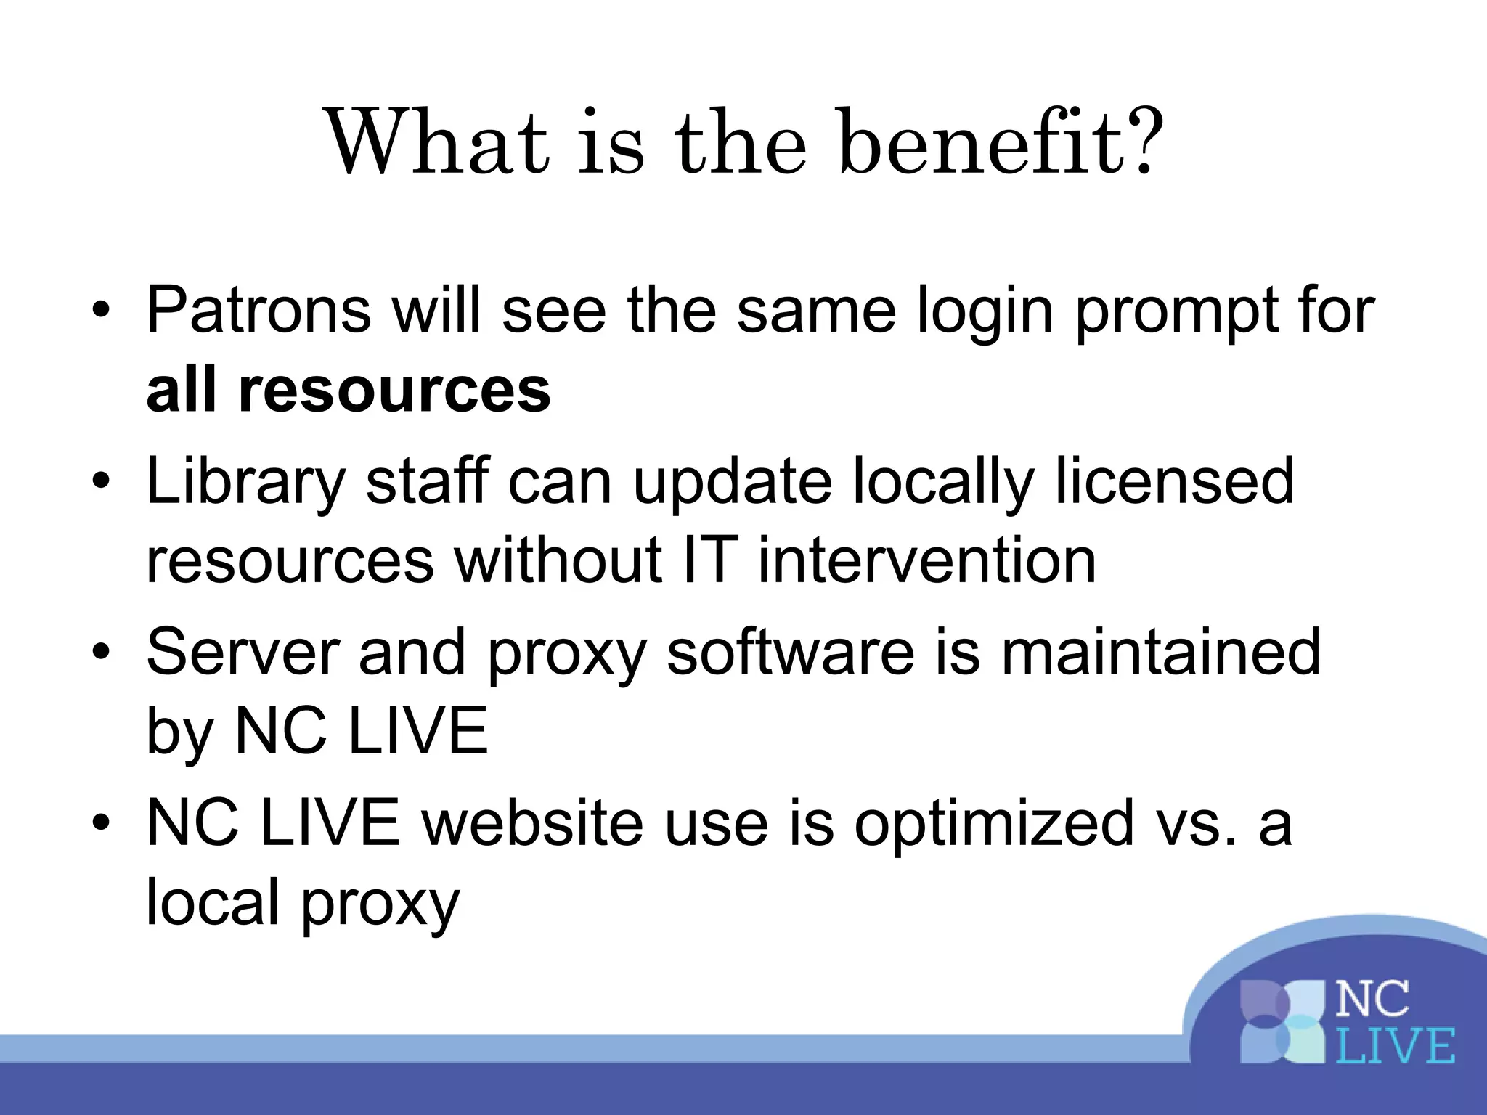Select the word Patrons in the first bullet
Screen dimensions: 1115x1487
point(258,310)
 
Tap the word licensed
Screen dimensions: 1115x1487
point(1174,481)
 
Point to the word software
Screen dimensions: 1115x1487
point(791,651)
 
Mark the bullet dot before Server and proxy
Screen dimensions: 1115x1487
point(101,651)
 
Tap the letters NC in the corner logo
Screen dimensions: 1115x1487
point(1372,1000)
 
